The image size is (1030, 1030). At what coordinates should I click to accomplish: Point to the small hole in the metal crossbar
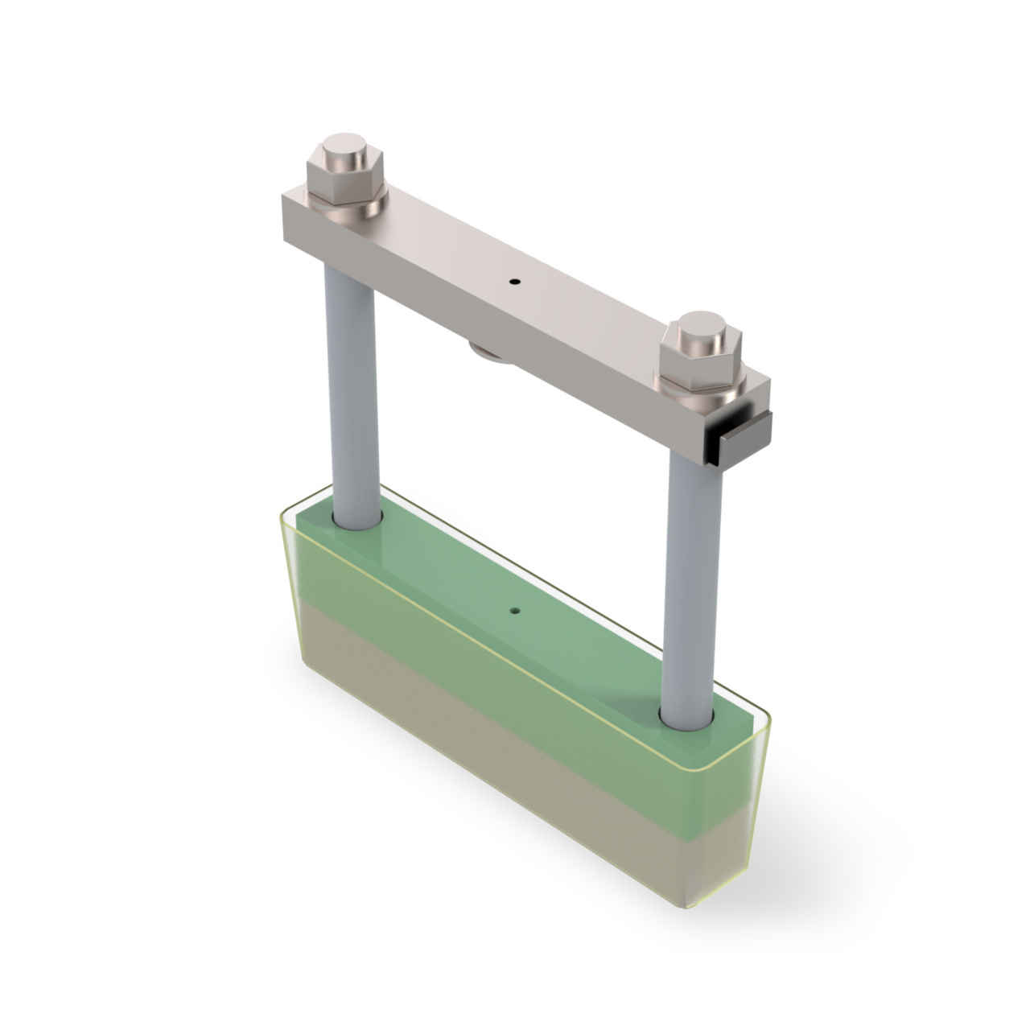[515, 282]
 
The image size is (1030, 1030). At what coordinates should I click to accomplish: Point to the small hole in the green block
[514, 611]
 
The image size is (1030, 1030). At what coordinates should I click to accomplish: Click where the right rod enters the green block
[688, 719]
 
